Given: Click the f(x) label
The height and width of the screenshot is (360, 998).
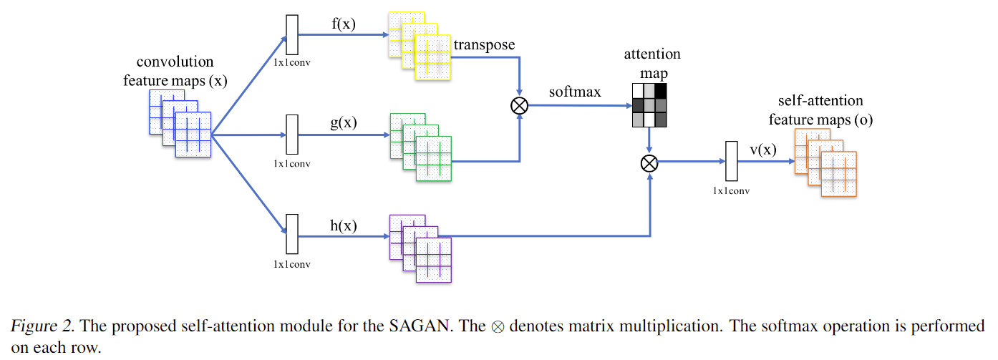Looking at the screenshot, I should pyautogui.click(x=343, y=24).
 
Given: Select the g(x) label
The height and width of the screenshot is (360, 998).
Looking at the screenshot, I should pyautogui.click(x=343, y=122).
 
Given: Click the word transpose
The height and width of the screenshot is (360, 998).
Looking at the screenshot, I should pyautogui.click(x=484, y=45).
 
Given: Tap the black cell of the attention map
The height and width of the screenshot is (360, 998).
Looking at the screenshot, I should pyautogui.click(x=660, y=91).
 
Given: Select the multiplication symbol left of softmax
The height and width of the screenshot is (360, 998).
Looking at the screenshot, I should pyautogui.click(x=519, y=106).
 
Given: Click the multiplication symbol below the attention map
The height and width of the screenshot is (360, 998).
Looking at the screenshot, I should pyautogui.click(x=649, y=163).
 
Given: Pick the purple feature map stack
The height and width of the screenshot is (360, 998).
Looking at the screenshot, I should pyautogui.click(x=420, y=248).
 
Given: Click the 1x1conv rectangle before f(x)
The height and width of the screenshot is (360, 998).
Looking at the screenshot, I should pyautogui.click(x=291, y=35).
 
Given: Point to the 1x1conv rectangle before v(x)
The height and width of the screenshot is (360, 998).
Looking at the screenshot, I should pyautogui.click(x=731, y=162).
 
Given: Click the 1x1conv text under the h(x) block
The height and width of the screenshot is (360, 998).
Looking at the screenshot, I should pyautogui.click(x=291, y=264).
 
